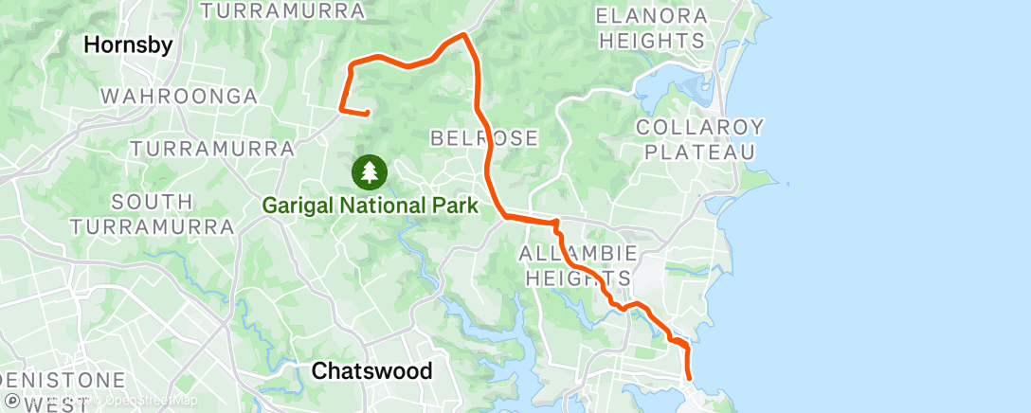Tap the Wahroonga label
click(179, 97)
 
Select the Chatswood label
click(371, 370)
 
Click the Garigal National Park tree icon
click(369, 171)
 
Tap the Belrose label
click(484, 138)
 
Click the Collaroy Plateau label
click(699, 139)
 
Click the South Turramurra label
click(152, 214)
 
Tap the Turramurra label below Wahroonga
click(211, 149)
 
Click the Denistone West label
click(63, 391)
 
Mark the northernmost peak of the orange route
click(462, 35)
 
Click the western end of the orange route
click(366, 114)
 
